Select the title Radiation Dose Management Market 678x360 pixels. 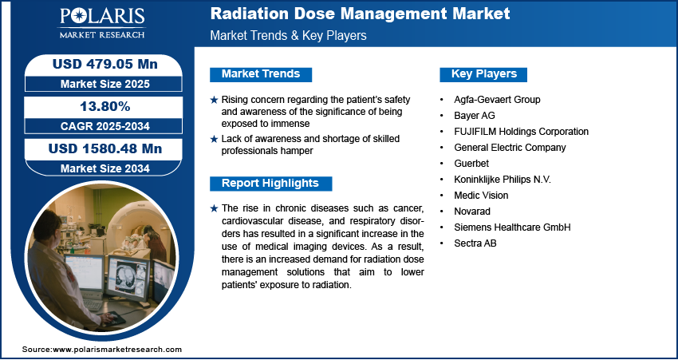coord(360,14)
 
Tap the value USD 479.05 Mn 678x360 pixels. coord(99,65)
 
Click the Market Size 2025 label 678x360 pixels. coord(99,84)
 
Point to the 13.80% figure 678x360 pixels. coord(99,107)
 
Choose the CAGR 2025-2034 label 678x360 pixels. coord(99,126)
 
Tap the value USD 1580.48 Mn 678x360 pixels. coord(99,149)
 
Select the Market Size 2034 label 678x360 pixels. coord(99,168)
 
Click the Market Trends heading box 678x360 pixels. coord(261,74)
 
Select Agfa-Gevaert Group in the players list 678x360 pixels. coord(497,100)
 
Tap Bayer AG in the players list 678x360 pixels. coord(474,116)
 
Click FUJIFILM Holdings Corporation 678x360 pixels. coord(521,132)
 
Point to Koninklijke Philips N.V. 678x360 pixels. coord(503,180)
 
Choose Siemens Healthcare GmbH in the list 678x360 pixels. coord(512,227)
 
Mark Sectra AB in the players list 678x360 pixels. coord(475,243)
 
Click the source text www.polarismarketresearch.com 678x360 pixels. coord(101,350)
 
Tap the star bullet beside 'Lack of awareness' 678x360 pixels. coord(213,139)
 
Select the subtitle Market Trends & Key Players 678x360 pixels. coord(288,36)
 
